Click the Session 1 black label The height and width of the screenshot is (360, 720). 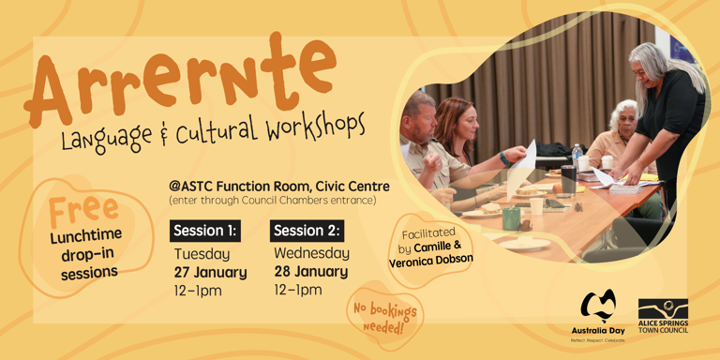pos(205,231)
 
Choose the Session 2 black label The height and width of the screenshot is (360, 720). pos(307,231)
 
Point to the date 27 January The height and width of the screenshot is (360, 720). pos(210,273)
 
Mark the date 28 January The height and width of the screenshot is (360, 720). pos(310,272)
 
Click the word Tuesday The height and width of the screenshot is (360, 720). pos(202,254)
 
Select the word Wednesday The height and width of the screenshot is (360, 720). pos(311,253)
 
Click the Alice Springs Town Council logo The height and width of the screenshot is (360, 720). pos(663,315)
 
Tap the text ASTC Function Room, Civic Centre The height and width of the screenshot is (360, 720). pos(278,186)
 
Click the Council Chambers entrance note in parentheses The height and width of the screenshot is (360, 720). pos(273,201)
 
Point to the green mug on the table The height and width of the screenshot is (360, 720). pos(511,217)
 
